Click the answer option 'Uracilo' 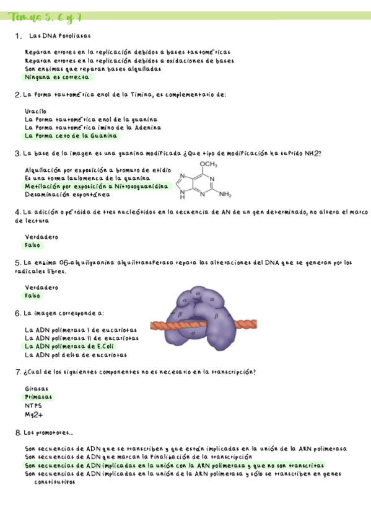click(35, 111)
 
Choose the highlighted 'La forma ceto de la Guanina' click(71, 135)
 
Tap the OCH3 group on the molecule click(209, 164)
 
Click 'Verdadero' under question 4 click(41, 237)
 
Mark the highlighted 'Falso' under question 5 click(33, 296)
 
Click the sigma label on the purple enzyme click(194, 333)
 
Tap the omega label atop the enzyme click(198, 293)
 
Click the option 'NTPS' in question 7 click(33, 406)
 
